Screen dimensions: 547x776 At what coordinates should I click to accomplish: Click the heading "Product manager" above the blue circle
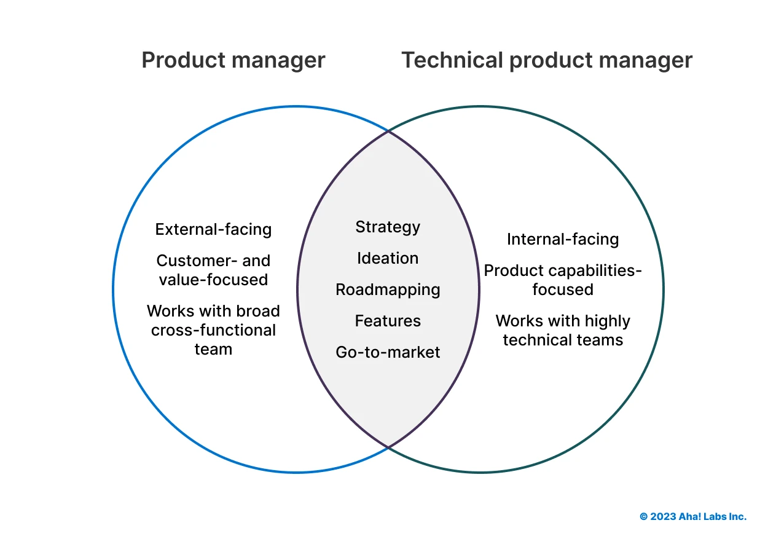coord(233,60)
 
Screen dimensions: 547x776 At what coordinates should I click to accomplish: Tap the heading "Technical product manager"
coord(547,60)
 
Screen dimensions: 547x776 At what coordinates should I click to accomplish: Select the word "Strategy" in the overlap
coord(388,227)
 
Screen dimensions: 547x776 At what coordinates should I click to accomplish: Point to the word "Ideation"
coord(388,258)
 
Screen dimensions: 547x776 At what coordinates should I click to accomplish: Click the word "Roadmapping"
coord(388,289)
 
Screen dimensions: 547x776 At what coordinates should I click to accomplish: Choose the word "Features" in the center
coord(388,321)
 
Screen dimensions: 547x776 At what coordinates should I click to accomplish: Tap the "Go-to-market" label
coord(388,352)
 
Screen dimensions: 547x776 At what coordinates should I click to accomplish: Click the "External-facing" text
coord(213,229)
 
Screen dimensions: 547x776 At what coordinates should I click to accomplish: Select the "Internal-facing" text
coord(563,239)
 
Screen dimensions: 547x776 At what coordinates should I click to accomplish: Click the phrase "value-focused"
coord(213,280)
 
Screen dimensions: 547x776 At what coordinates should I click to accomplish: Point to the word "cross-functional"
coord(213,330)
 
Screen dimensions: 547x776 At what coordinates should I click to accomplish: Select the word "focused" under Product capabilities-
coord(563,289)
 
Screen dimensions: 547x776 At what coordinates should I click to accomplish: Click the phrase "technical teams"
coord(563,340)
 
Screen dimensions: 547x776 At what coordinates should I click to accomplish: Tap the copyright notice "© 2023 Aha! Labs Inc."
coord(693,517)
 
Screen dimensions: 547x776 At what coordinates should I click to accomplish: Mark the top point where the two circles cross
coord(388,131)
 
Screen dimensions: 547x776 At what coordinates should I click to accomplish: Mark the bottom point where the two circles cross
coord(388,447)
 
